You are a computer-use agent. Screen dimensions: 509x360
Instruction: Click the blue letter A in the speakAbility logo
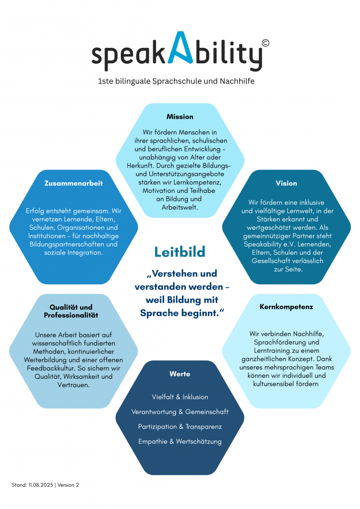180,48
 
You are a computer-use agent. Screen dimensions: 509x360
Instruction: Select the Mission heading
180,117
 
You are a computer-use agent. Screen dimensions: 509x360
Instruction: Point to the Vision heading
286,183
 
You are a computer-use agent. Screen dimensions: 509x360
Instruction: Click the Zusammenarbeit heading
74,183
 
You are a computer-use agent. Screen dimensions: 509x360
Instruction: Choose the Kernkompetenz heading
286,307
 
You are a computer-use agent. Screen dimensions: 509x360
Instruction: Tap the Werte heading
180,374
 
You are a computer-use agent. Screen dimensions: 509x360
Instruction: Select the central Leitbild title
180,252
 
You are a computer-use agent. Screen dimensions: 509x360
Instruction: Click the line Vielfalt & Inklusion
180,397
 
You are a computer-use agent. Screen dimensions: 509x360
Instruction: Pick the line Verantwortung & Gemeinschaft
180,412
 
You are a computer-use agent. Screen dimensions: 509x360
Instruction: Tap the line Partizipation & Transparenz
180,427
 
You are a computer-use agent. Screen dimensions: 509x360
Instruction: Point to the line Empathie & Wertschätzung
180,441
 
